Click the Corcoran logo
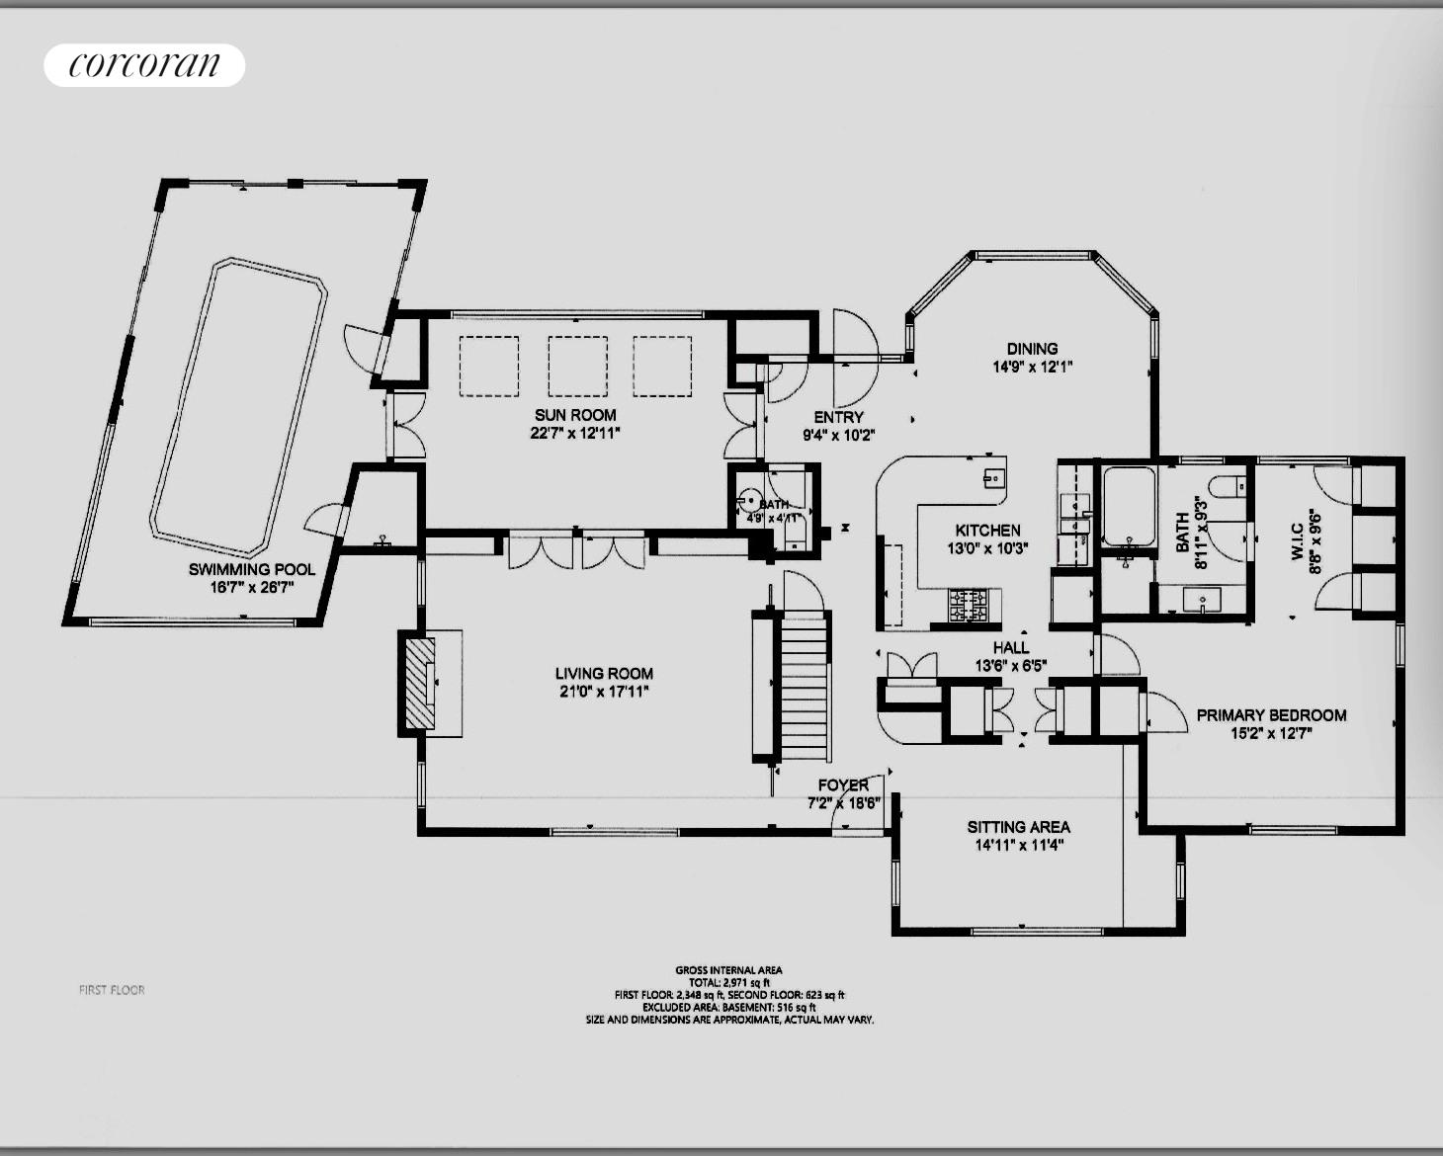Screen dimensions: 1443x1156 point(144,65)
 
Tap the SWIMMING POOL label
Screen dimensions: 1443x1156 point(252,569)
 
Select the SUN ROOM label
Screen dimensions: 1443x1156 point(575,415)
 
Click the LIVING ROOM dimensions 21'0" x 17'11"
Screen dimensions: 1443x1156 point(603,692)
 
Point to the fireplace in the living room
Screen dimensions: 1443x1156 point(422,684)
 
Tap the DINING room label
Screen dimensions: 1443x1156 point(1032,348)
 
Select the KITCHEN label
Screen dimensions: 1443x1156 point(987,531)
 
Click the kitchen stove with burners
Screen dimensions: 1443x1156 point(969,605)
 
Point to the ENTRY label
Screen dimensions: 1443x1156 point(838,417)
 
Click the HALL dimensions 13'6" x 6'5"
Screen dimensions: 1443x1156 point(1010,666)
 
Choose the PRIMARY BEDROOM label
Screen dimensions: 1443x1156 point(1271,714)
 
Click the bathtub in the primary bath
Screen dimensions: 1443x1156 point(1129,506)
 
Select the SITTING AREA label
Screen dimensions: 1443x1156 point(1018,827)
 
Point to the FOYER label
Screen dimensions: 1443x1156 point(843,785)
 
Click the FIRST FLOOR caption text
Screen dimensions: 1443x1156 point(112,989)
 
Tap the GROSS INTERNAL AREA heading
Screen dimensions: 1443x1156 point(728,970)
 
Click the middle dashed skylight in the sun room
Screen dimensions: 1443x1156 point(577,366)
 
